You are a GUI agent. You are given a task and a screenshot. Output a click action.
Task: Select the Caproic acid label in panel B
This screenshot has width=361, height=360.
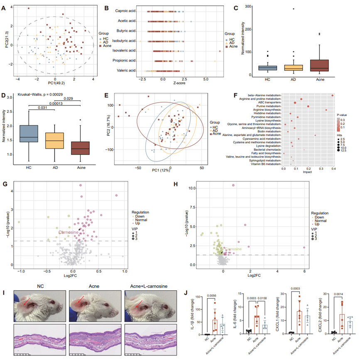pos(125,11)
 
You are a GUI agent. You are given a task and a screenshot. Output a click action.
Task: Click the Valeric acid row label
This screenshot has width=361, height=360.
pos(128,71)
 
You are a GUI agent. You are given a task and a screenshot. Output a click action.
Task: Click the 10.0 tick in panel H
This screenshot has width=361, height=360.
pos(190,188)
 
